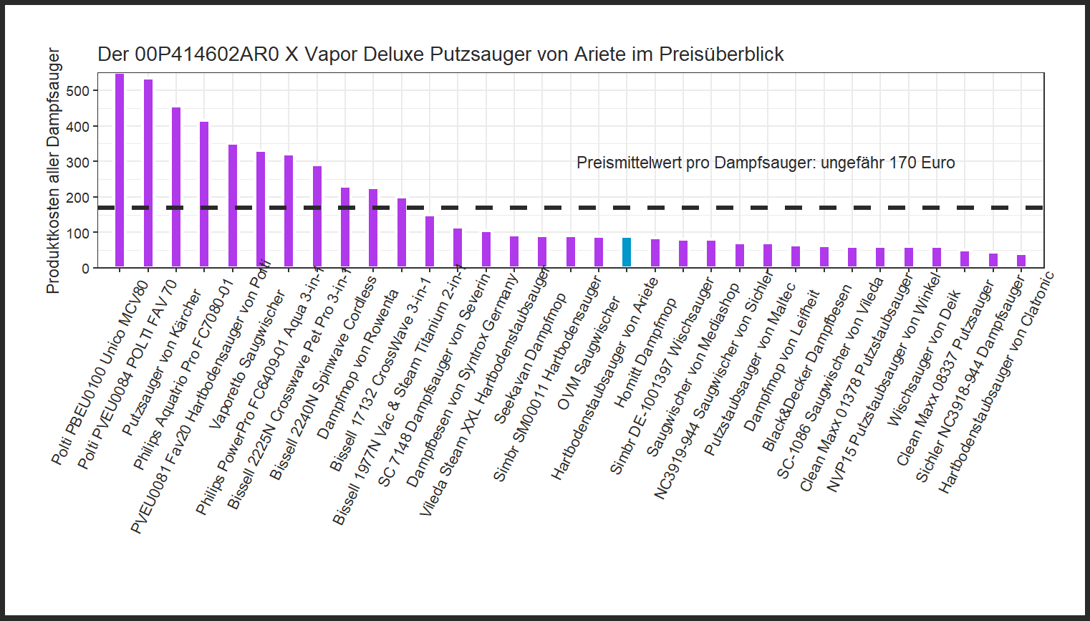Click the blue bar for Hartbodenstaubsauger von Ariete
627,252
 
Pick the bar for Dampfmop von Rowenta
373,228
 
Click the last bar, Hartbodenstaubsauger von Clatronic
1021,261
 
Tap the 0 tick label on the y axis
85,269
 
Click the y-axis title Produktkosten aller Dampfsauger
53,170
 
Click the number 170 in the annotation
902,163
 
